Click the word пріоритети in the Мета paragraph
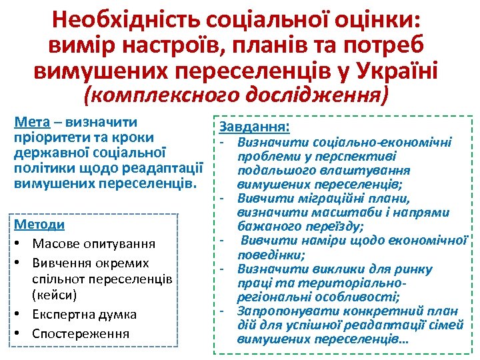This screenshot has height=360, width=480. (x=44, y=137)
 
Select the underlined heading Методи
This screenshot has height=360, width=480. (x=39, y=225)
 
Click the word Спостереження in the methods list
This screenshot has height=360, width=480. (x=81, y=333)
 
